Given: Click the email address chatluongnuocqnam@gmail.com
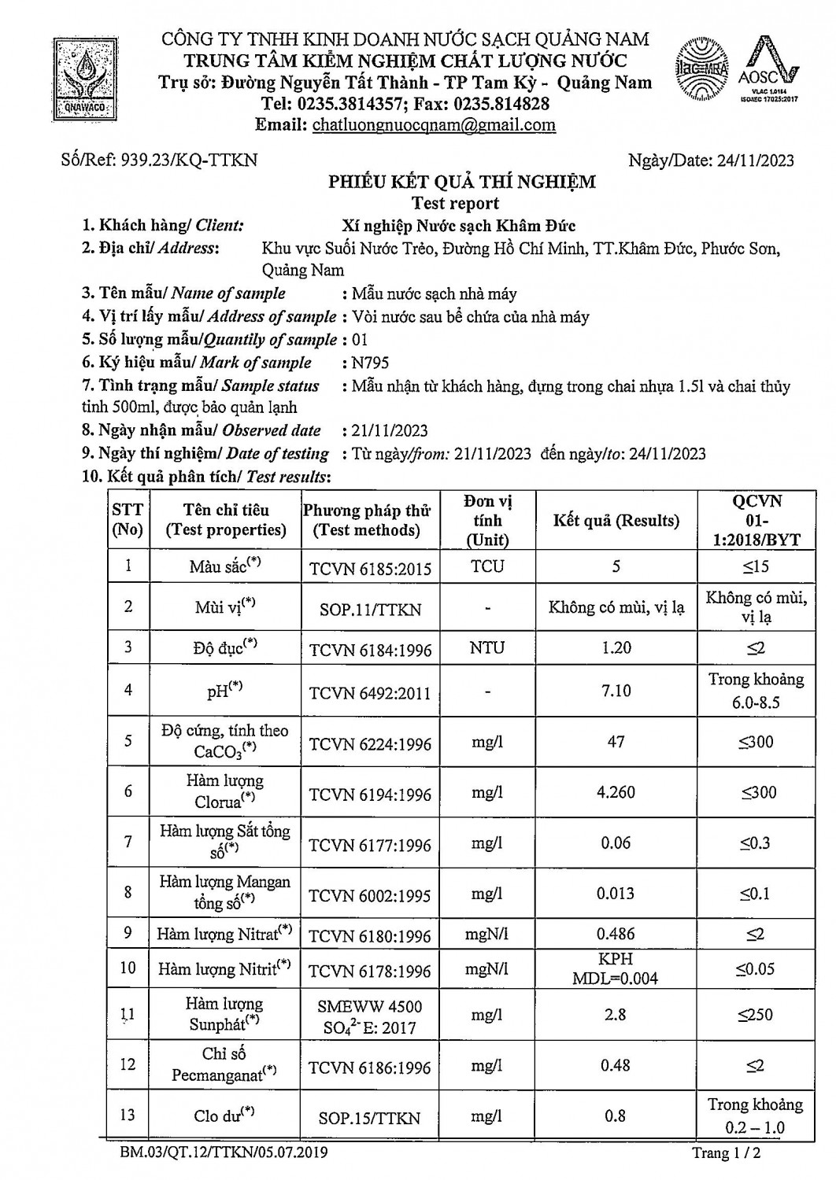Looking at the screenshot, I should (x=434, y=125).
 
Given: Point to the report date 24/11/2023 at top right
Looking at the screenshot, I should (x=756, y=160).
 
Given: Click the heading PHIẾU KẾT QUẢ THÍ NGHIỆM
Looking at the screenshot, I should (x=461, y=183).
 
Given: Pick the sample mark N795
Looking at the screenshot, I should (x=371, y=363).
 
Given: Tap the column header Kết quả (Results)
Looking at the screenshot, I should (x=616, y=521).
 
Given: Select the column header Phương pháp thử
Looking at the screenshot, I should (x=367, y=511).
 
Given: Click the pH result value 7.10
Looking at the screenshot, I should (x=616, y=691).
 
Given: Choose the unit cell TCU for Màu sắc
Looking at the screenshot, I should (x=487, y=566).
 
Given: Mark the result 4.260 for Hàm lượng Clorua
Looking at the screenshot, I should (x=616, y=792).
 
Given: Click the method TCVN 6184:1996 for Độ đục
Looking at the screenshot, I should (x=370, y=649).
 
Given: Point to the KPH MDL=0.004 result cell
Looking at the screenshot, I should (x=616, y=969).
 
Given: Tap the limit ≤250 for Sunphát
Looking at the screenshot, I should (x=756, y=1015).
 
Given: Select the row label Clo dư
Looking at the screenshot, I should (x=224, y=1115).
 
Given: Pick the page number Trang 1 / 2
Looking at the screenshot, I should (x=726, y=1154).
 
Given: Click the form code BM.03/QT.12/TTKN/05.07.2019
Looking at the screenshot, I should (x=224, y=1154).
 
